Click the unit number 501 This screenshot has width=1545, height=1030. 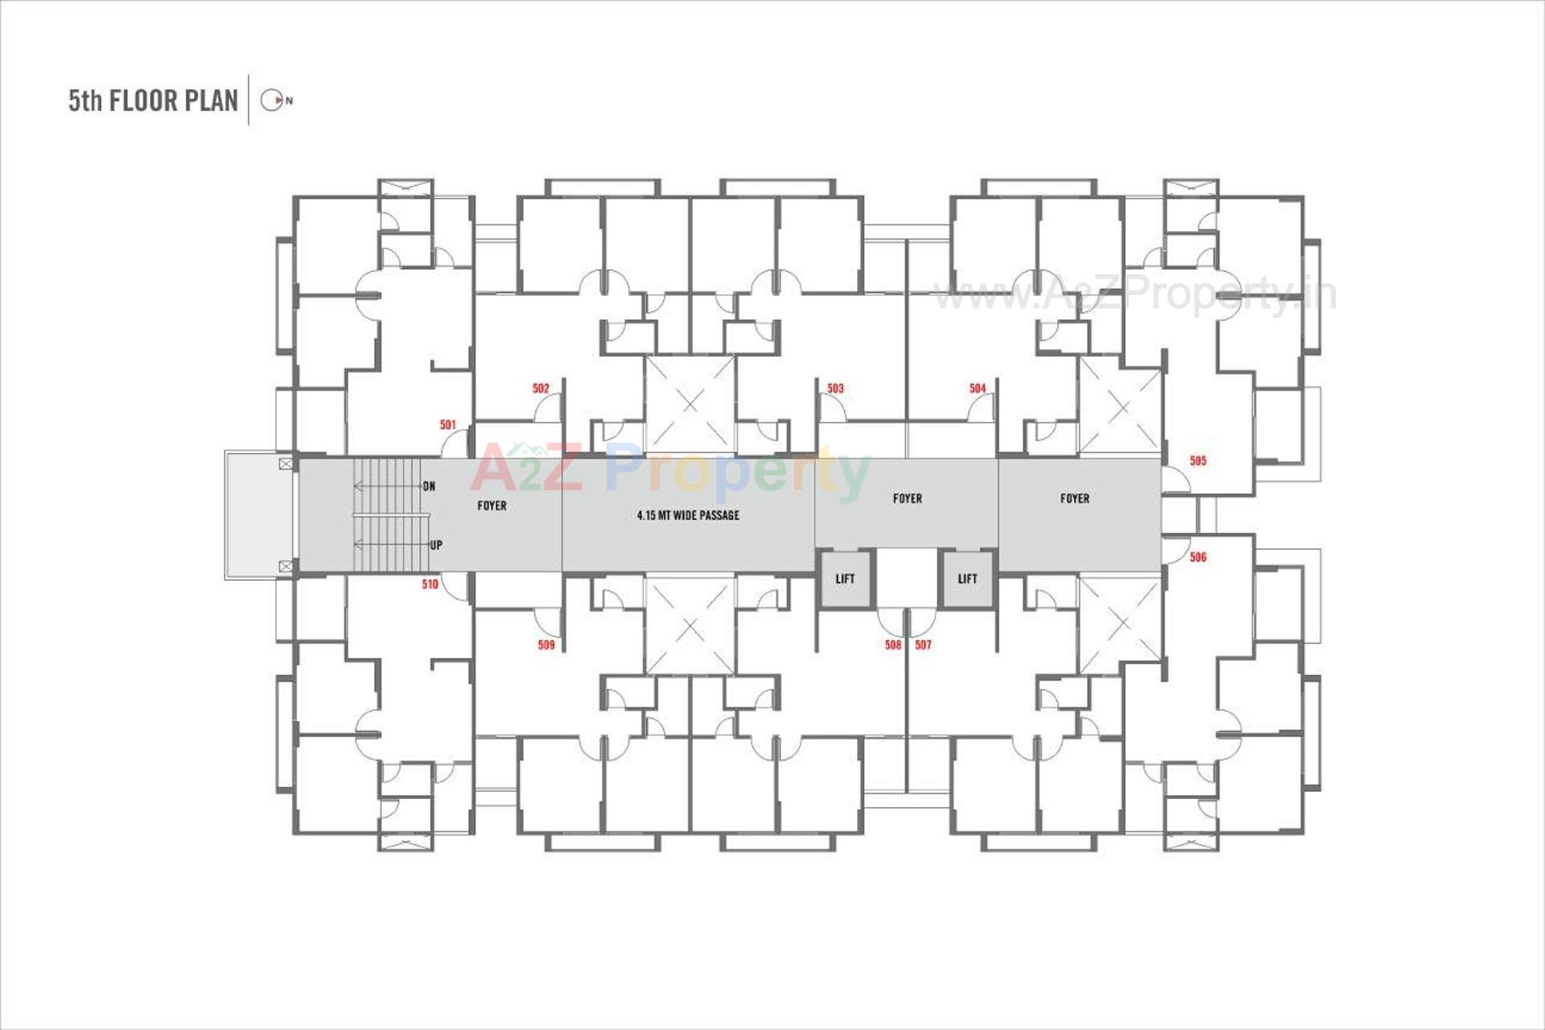(447, 425)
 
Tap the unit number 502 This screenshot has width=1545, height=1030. (541, 389)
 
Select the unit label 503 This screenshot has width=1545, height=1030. (835, 389)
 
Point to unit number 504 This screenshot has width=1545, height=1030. (977, 389)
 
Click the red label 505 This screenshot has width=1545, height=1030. (1197, 461)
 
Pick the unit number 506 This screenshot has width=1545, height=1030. (1197, 557)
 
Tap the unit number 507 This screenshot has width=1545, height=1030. (923, 645)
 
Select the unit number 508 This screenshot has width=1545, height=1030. (892, 645)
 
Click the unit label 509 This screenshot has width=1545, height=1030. (546, 645)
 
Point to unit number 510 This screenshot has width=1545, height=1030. (430, 585)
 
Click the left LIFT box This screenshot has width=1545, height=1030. (845, 579)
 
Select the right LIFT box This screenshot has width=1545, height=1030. (967, 579)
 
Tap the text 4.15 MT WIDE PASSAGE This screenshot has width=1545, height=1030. (688, 516)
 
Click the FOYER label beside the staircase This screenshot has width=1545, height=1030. (492, 506)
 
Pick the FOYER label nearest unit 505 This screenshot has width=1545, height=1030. (1074, 499)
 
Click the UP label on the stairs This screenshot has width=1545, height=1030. (435, 546)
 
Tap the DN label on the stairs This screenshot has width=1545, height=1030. (429, 486)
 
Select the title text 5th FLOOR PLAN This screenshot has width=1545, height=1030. (153, 101)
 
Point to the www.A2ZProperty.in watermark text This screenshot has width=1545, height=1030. (1135, 295)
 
